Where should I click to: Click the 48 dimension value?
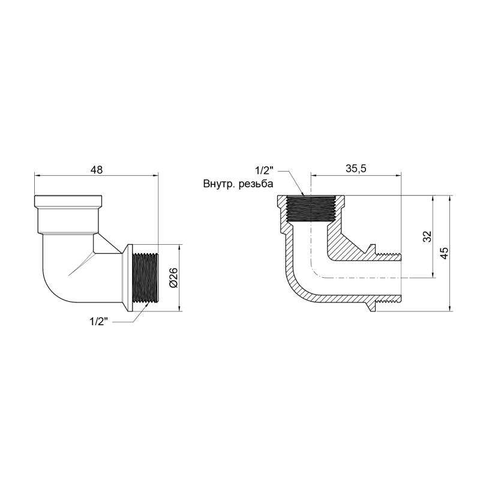pyautogui.click(x=97, y=170)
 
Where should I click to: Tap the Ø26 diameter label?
pyautogui.click(x=173, y=278)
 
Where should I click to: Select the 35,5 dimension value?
pyautogui.click(x=356, y=169)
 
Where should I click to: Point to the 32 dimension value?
pyautogui.click(x=427, y=236)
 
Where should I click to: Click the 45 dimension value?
pyautogui.click(x=444, y=253)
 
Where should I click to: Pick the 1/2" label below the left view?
pyautogui.click(x=98, y=322)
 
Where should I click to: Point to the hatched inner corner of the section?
pyautogui.click(x=345, y=246)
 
